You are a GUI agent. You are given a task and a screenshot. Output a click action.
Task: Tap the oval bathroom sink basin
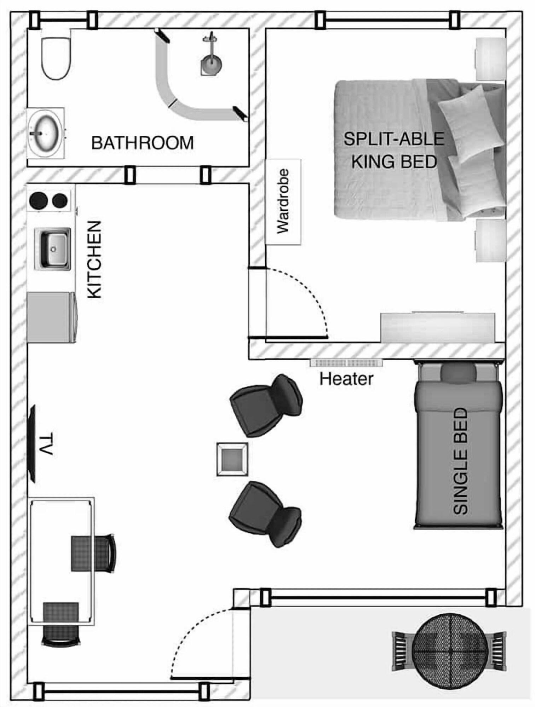[45, 133]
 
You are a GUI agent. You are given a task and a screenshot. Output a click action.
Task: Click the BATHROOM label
[143, 143]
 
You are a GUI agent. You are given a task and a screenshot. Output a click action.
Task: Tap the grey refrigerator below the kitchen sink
[51, 317]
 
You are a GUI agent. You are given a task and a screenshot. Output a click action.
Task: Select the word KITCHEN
[95, 260]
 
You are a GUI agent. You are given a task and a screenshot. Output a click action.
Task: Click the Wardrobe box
[283, 202]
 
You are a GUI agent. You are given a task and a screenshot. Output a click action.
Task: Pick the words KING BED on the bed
[394, 162]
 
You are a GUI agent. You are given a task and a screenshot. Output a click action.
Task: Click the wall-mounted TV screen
[33, 443]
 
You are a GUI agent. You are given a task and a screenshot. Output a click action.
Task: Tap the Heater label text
[346, 379]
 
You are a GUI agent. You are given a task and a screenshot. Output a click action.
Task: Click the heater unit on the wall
[346, 363]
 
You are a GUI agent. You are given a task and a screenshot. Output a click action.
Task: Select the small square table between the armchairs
[232, 459]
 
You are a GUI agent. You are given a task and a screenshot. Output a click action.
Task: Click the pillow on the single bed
[459, 373]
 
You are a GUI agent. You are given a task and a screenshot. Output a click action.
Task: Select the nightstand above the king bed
[490, 59]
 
